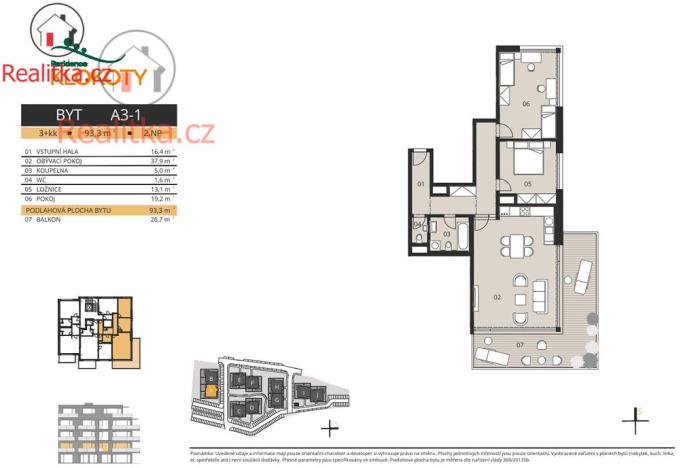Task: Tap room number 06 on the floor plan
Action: [x=525, y=103]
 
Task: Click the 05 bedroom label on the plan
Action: [x=526, y=184]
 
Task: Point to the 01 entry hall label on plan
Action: [x=421, y=185]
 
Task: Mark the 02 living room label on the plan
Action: [x=496, y=298]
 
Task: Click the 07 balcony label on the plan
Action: [x=518, y=345]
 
